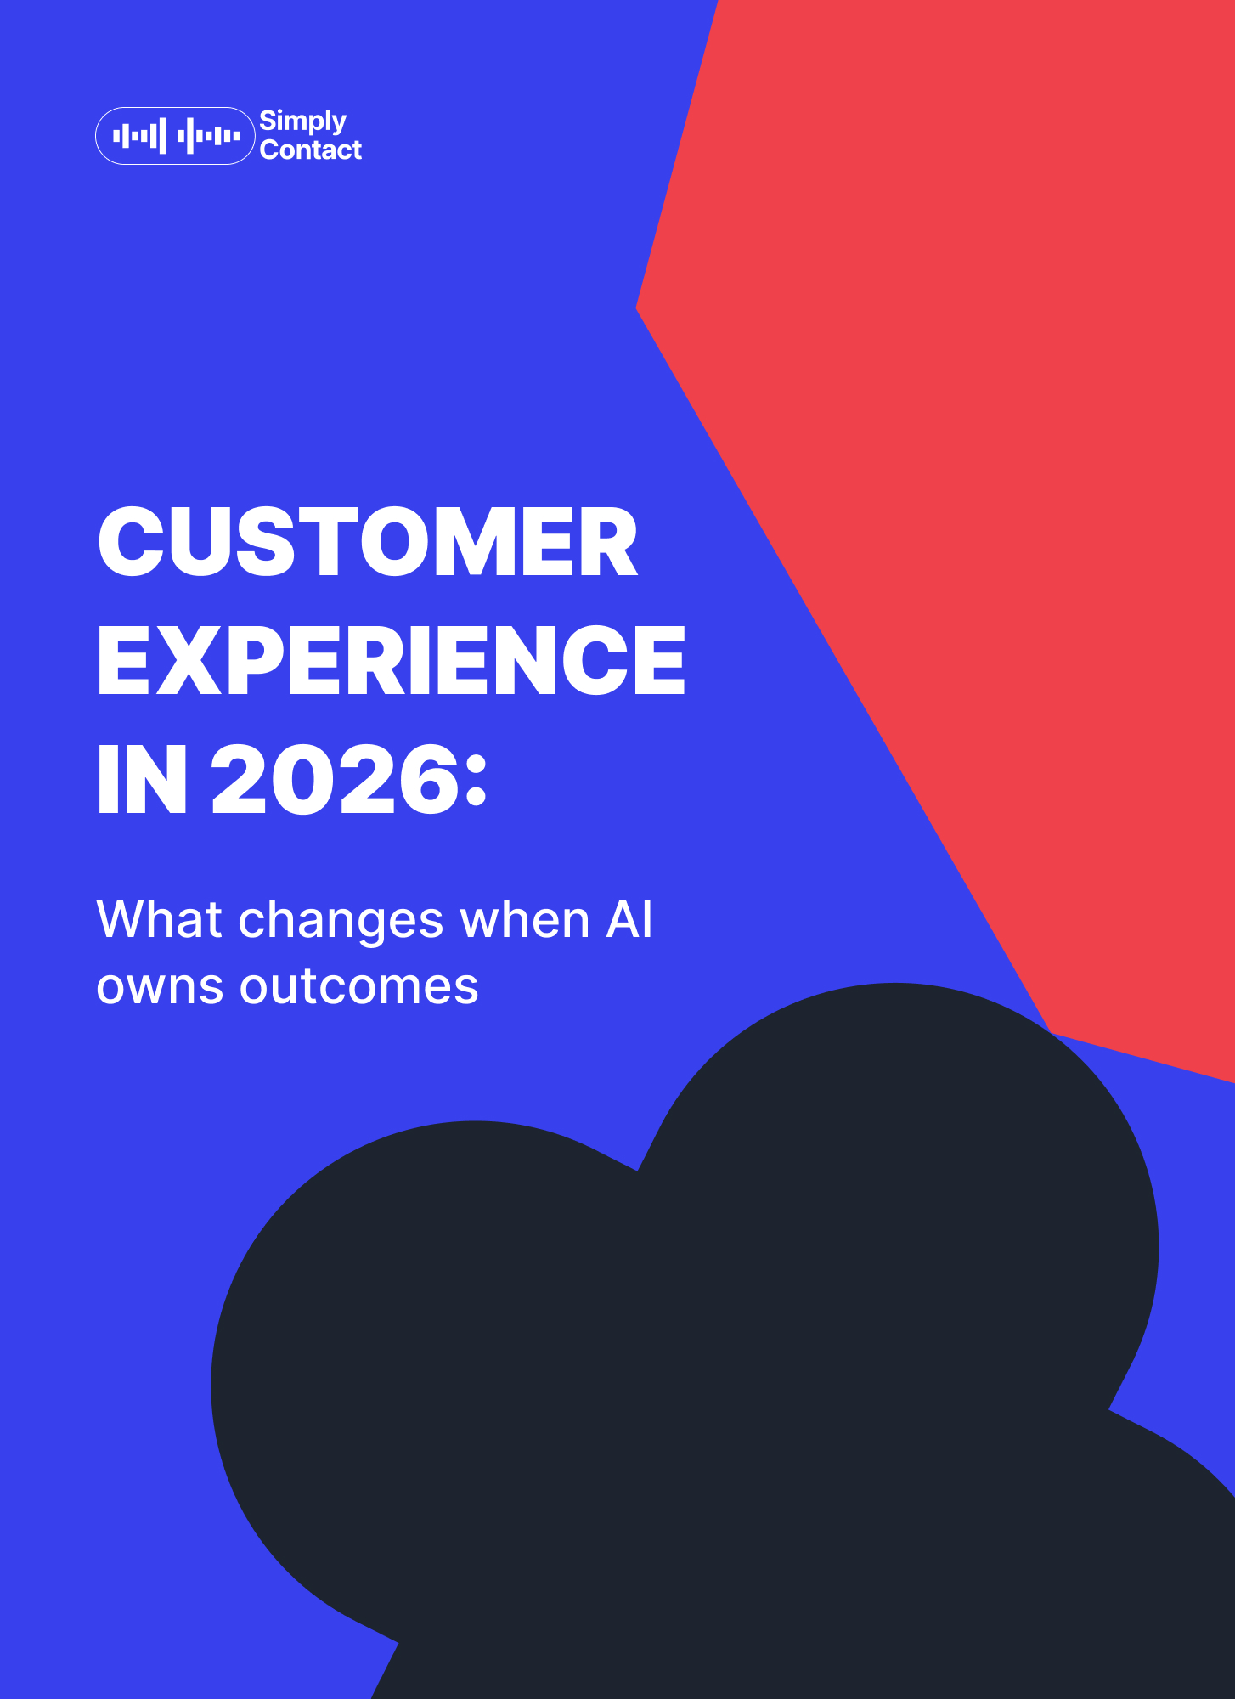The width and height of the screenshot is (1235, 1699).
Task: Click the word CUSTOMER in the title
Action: point(368,541)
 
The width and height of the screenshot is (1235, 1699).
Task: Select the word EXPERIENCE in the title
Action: point(392,660)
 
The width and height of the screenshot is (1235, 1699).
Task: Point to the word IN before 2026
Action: point(142,779)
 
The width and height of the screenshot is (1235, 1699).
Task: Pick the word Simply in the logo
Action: point(303,121)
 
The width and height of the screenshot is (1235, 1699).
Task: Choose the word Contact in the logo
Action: point(311,150)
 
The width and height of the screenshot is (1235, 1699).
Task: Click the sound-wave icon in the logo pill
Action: point(176,136)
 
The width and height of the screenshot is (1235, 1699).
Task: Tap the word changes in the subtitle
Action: point(341,921)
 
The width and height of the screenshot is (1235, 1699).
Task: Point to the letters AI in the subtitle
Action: point(629,919)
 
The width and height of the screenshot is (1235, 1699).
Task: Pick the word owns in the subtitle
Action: point(160,988)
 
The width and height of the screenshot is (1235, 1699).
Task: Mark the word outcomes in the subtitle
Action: point(359,986)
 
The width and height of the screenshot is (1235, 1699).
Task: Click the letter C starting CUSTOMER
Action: point(131,541)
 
